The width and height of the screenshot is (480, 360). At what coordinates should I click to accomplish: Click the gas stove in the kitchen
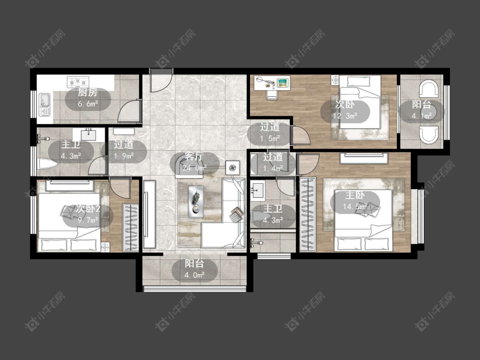pos(78,82)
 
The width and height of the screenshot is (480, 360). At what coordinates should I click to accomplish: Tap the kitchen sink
pos(45,105)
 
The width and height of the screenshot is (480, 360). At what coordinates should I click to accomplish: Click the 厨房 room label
pos(87,92)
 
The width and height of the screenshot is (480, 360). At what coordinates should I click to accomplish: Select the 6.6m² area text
pos(88,104)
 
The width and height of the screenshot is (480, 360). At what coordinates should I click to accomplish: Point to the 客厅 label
pos(195,157)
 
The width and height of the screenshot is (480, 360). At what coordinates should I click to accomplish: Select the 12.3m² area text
pos(345,116)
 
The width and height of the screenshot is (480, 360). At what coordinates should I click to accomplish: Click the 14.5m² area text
pos(355,207)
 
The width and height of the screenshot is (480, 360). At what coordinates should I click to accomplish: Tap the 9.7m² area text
pos(88,220)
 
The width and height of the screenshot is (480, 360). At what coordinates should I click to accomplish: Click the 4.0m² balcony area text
pos(195,275)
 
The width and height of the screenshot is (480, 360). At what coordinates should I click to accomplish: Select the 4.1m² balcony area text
pos(422,116)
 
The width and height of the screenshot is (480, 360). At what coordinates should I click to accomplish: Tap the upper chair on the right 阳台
pos(430,88)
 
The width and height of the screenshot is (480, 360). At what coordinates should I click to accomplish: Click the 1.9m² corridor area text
pos(124,156)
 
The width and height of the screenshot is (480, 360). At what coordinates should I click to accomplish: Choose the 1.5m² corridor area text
pos(270,138)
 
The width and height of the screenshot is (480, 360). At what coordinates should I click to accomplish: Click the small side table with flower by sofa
pos(233,167)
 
